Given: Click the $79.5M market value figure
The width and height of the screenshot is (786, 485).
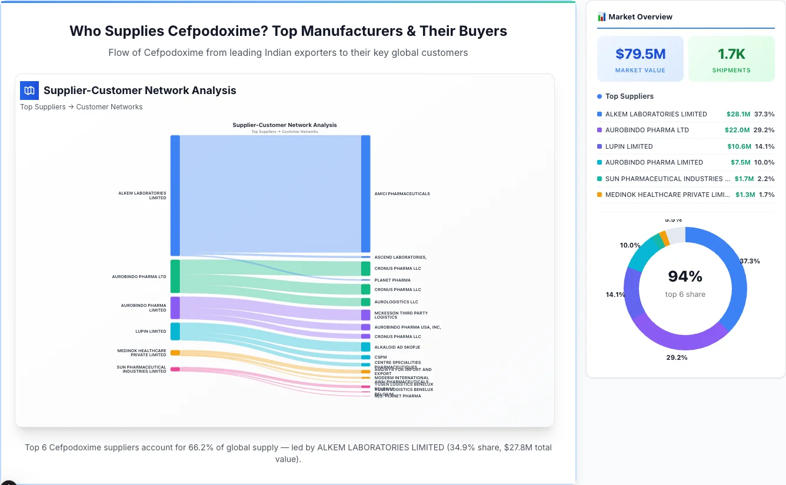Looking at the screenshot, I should [x=640, y=54].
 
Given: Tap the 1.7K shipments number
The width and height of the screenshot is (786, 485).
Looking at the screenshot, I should [x=731, y=54].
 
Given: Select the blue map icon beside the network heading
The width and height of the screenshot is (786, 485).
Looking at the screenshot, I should [x=29, y=91].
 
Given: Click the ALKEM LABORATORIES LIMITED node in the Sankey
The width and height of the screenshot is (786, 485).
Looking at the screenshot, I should [x=175, y=195].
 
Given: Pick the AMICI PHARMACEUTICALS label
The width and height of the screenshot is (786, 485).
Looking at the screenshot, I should [x=402, y=193].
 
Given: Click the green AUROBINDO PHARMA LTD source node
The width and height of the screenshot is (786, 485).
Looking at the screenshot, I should [x=175, y=276].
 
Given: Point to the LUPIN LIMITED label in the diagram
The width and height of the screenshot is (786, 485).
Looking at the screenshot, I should [x=151, y=331].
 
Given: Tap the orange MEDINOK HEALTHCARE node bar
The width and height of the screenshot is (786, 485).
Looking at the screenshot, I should [x=175, y=353].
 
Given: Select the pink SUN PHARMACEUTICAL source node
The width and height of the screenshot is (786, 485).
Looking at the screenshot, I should [x=175, y=369].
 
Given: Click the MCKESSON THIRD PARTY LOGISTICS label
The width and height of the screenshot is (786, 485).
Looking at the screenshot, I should [x=401, y=315].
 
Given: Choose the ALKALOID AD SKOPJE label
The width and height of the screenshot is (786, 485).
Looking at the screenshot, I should [x=397, y=347].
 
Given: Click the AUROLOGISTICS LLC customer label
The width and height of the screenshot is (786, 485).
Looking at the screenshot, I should [x=396, y=302].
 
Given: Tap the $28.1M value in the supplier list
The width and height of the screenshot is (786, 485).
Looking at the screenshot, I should [x=738, y=114].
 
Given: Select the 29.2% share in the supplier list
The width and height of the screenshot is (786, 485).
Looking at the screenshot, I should [x=764, y=130].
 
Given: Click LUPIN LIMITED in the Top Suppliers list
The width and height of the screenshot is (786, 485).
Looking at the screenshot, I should [x=629, y=146].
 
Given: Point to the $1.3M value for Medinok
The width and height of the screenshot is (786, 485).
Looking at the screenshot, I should [x=745, y=195].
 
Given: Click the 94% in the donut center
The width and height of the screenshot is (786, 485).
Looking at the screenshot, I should [x=685, y=276].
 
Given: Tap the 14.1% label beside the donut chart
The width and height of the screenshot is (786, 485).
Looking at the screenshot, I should [x=615, y=295].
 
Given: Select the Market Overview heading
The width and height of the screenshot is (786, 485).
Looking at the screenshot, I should [x=640, y=16].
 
